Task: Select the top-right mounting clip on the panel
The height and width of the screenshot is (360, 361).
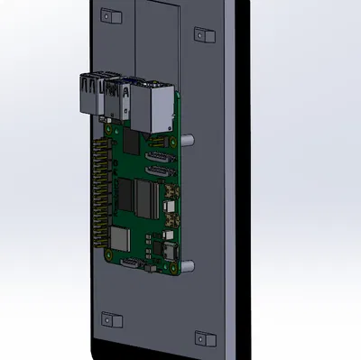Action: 204,34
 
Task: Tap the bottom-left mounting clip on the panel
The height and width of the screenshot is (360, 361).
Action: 111,318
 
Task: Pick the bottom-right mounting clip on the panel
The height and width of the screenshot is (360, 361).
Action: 205,339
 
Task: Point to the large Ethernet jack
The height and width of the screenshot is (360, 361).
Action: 153,104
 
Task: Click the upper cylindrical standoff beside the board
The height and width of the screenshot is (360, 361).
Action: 190,141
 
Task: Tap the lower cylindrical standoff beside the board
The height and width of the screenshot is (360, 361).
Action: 190,265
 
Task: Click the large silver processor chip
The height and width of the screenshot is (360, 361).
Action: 141,197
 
